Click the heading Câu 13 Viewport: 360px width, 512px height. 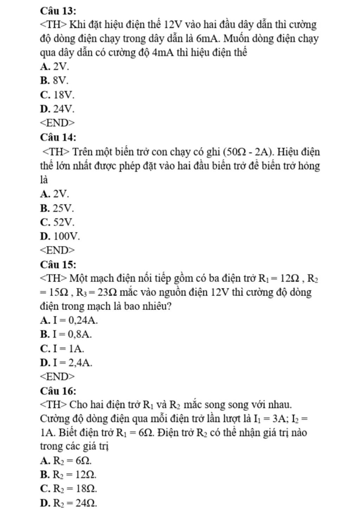[58, 11]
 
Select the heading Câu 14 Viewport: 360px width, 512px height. [58, 137]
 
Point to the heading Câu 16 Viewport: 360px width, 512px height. [58, 391]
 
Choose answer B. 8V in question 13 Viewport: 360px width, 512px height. [54, 80]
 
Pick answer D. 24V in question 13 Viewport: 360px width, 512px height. [57, 109]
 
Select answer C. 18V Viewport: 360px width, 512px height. [57, 95]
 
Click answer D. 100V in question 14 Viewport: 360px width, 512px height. [60, 236]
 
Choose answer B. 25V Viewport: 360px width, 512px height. [57, 208]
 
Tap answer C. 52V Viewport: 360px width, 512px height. [57, 222]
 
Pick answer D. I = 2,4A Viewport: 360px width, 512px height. [66, 362]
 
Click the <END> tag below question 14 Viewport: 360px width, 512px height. [57, 250]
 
